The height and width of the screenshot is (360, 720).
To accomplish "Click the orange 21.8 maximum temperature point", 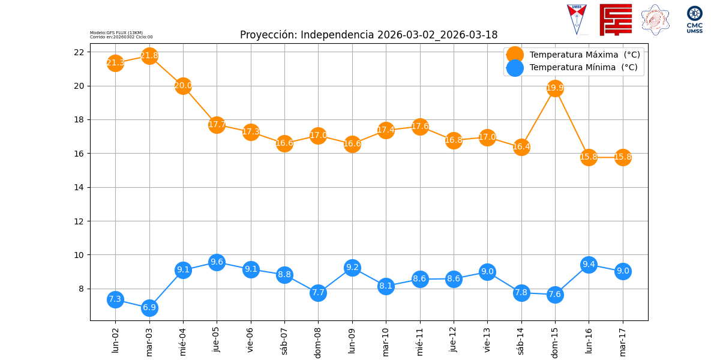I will tap(149, 56).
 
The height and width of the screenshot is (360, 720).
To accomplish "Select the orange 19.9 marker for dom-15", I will tap(555, 88).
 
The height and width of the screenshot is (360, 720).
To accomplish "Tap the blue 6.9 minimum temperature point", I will tap(149, 308).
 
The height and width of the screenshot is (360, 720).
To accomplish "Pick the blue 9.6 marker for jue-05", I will tap(217, 262).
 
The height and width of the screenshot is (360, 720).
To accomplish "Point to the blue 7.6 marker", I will tap(555, 295).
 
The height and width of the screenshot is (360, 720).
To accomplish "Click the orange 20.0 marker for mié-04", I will tap(183, 86).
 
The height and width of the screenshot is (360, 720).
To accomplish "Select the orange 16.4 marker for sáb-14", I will tap(521, 147).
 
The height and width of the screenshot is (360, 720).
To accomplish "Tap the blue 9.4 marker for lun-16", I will tap(589, 265).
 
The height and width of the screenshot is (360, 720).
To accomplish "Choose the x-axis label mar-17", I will tap(623, 341).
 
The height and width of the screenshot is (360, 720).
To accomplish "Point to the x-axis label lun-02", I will tap(115, 340).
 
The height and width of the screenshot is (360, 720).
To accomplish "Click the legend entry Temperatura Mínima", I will tap(583, 68).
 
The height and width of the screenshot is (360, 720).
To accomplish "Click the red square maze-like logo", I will tap(616, 20).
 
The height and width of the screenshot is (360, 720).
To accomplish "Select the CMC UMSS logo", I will tap(695, 19).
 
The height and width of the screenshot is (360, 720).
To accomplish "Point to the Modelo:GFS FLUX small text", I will tap(116, 33).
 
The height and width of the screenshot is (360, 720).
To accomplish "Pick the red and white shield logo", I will tap(577, 19).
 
